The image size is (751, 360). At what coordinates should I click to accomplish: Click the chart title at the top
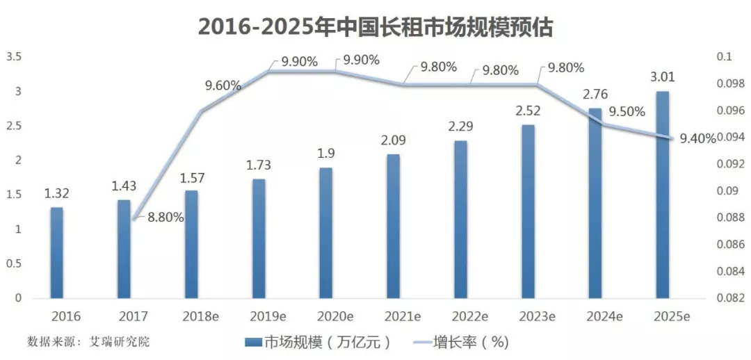tap(375, 26)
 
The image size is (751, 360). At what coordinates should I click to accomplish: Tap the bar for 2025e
tap(663, 195)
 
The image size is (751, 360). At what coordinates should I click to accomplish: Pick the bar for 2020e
tap(327, 233)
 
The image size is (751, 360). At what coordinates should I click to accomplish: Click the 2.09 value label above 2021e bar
tap(393, 140)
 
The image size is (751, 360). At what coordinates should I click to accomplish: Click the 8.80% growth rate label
tap(165, 217)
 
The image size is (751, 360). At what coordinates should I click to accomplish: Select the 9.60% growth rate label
tap(223, 86)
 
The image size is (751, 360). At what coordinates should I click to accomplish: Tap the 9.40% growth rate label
tap(697, 138)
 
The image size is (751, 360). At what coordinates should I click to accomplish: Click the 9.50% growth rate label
tap(627, 112)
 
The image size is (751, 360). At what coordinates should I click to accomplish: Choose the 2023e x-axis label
tap(537, 316)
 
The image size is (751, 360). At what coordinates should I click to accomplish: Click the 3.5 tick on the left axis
tap(15, 57)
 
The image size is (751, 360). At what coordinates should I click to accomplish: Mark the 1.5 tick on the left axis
tap(15, 195)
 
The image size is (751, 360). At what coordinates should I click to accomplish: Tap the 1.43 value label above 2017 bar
tap(124, 186)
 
